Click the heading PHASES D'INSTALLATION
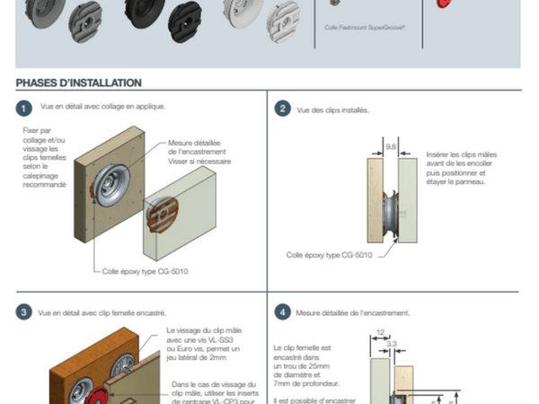click(79, 83)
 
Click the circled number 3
click(23, 312)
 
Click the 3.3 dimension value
click(392, 342)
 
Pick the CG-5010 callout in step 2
click(327, 254)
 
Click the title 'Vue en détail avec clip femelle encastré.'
click(102, 312)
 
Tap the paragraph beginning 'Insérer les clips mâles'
click(458, 168)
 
